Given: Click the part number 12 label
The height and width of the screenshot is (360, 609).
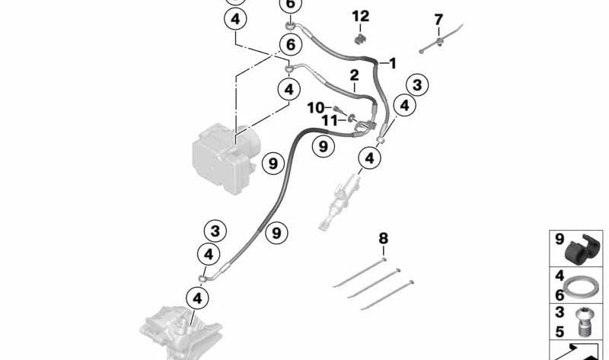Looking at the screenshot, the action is point(360,16).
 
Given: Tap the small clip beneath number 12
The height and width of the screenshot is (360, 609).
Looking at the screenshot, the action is point(361,39).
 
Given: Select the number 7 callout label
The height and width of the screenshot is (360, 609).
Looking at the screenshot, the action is point(438,20).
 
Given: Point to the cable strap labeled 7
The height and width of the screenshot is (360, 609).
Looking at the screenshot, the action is point(441,39).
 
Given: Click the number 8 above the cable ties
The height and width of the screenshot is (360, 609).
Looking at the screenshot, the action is point(384,238).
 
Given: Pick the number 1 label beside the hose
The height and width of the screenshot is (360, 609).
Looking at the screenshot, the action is point(393,63).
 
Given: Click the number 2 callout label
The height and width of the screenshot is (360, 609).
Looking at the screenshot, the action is point(354,75).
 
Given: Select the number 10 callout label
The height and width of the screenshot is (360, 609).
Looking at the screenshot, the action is point(315,107).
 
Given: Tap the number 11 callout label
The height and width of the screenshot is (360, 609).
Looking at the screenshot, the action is point(330,120).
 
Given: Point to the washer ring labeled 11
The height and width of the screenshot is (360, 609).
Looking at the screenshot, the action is point(352,117).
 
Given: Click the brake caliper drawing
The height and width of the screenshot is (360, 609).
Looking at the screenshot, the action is point(180,334).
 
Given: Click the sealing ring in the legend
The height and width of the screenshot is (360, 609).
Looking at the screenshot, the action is point(581,287).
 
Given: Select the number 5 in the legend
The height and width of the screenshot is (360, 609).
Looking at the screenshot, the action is point(560,332).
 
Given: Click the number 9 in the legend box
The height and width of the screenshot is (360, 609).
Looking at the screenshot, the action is point(560,239).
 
